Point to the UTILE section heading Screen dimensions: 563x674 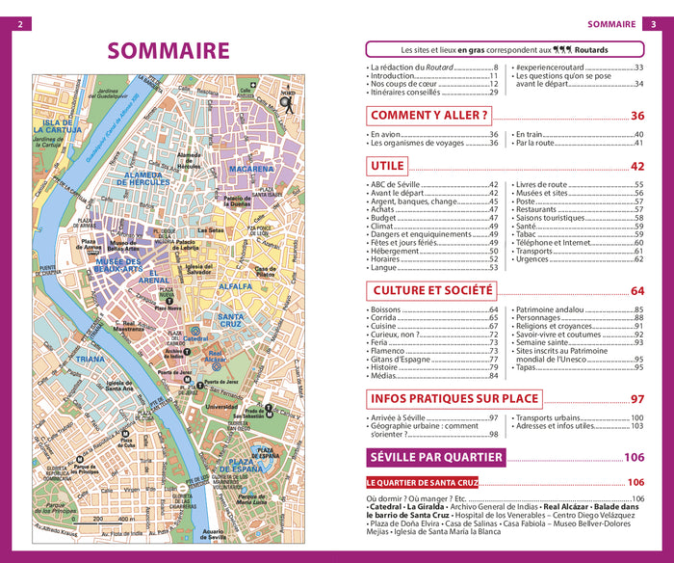pyautogui.click(x=387, y=166)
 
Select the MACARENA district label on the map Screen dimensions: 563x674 pyautogui.click(x=251, y=169)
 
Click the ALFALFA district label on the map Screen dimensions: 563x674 pyautogui.click(x=235, y=286)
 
